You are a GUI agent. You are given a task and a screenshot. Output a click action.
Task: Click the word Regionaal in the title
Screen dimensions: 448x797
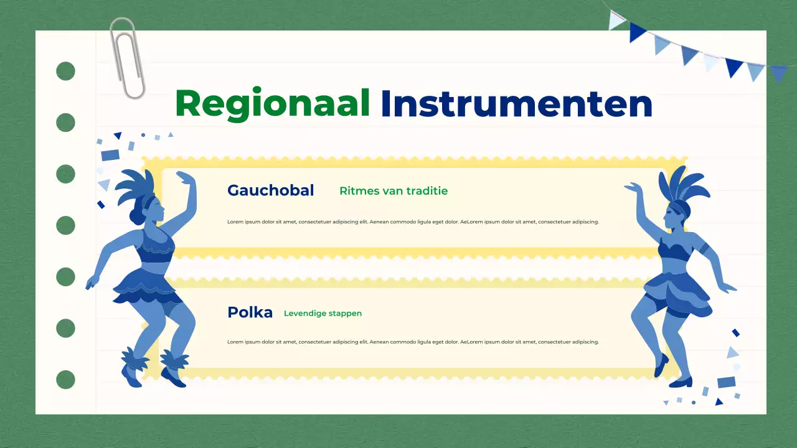(x=273, y=103)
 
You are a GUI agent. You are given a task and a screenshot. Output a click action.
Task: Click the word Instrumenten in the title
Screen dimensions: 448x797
(x=516, y=103)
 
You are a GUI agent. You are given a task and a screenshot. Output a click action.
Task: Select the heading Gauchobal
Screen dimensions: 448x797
(x=270, y=190)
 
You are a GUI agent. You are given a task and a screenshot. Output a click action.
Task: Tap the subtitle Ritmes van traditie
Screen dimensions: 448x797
(x=394, y=191)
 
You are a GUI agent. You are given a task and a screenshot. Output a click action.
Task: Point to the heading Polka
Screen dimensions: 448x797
(x=250, y=312)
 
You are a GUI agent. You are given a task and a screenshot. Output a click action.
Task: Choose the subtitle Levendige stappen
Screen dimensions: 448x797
(x=323, y=314)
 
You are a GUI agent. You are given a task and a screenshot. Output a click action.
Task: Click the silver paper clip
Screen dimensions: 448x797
(x=127, y=58)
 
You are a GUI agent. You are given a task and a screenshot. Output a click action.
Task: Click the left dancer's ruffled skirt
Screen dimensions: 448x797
(x=147, y=287)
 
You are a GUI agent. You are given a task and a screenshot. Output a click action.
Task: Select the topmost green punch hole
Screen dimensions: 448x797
(x=65, y=72)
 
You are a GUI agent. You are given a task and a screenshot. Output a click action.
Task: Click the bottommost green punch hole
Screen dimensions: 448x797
(x=65, y=379)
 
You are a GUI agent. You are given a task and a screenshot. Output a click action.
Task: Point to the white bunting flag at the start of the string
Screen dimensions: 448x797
(x=616, y=20)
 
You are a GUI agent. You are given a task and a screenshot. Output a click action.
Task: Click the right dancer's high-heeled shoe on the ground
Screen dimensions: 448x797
(x=682, y=381)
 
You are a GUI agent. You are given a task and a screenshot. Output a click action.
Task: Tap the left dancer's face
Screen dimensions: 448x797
(x=158, y=210)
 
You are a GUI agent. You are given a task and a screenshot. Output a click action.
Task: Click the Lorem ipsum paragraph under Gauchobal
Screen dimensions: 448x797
(x=413, y=222)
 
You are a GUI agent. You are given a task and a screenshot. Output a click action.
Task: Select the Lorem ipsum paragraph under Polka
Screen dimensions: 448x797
(x=413, y=342)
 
